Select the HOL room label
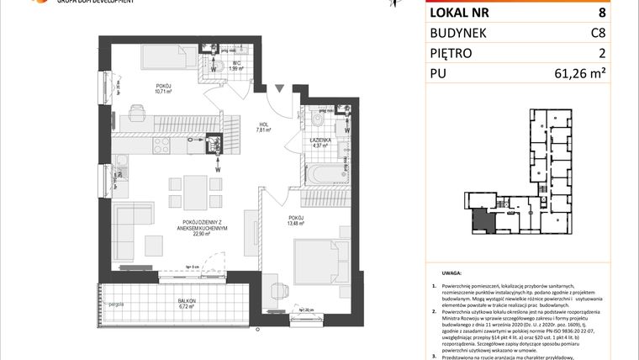pyautogui.click(x=262, y=124)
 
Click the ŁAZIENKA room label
pyautogui.click(x=319, y=140)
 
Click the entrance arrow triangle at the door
pyautogui.click(x=278, y=87)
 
